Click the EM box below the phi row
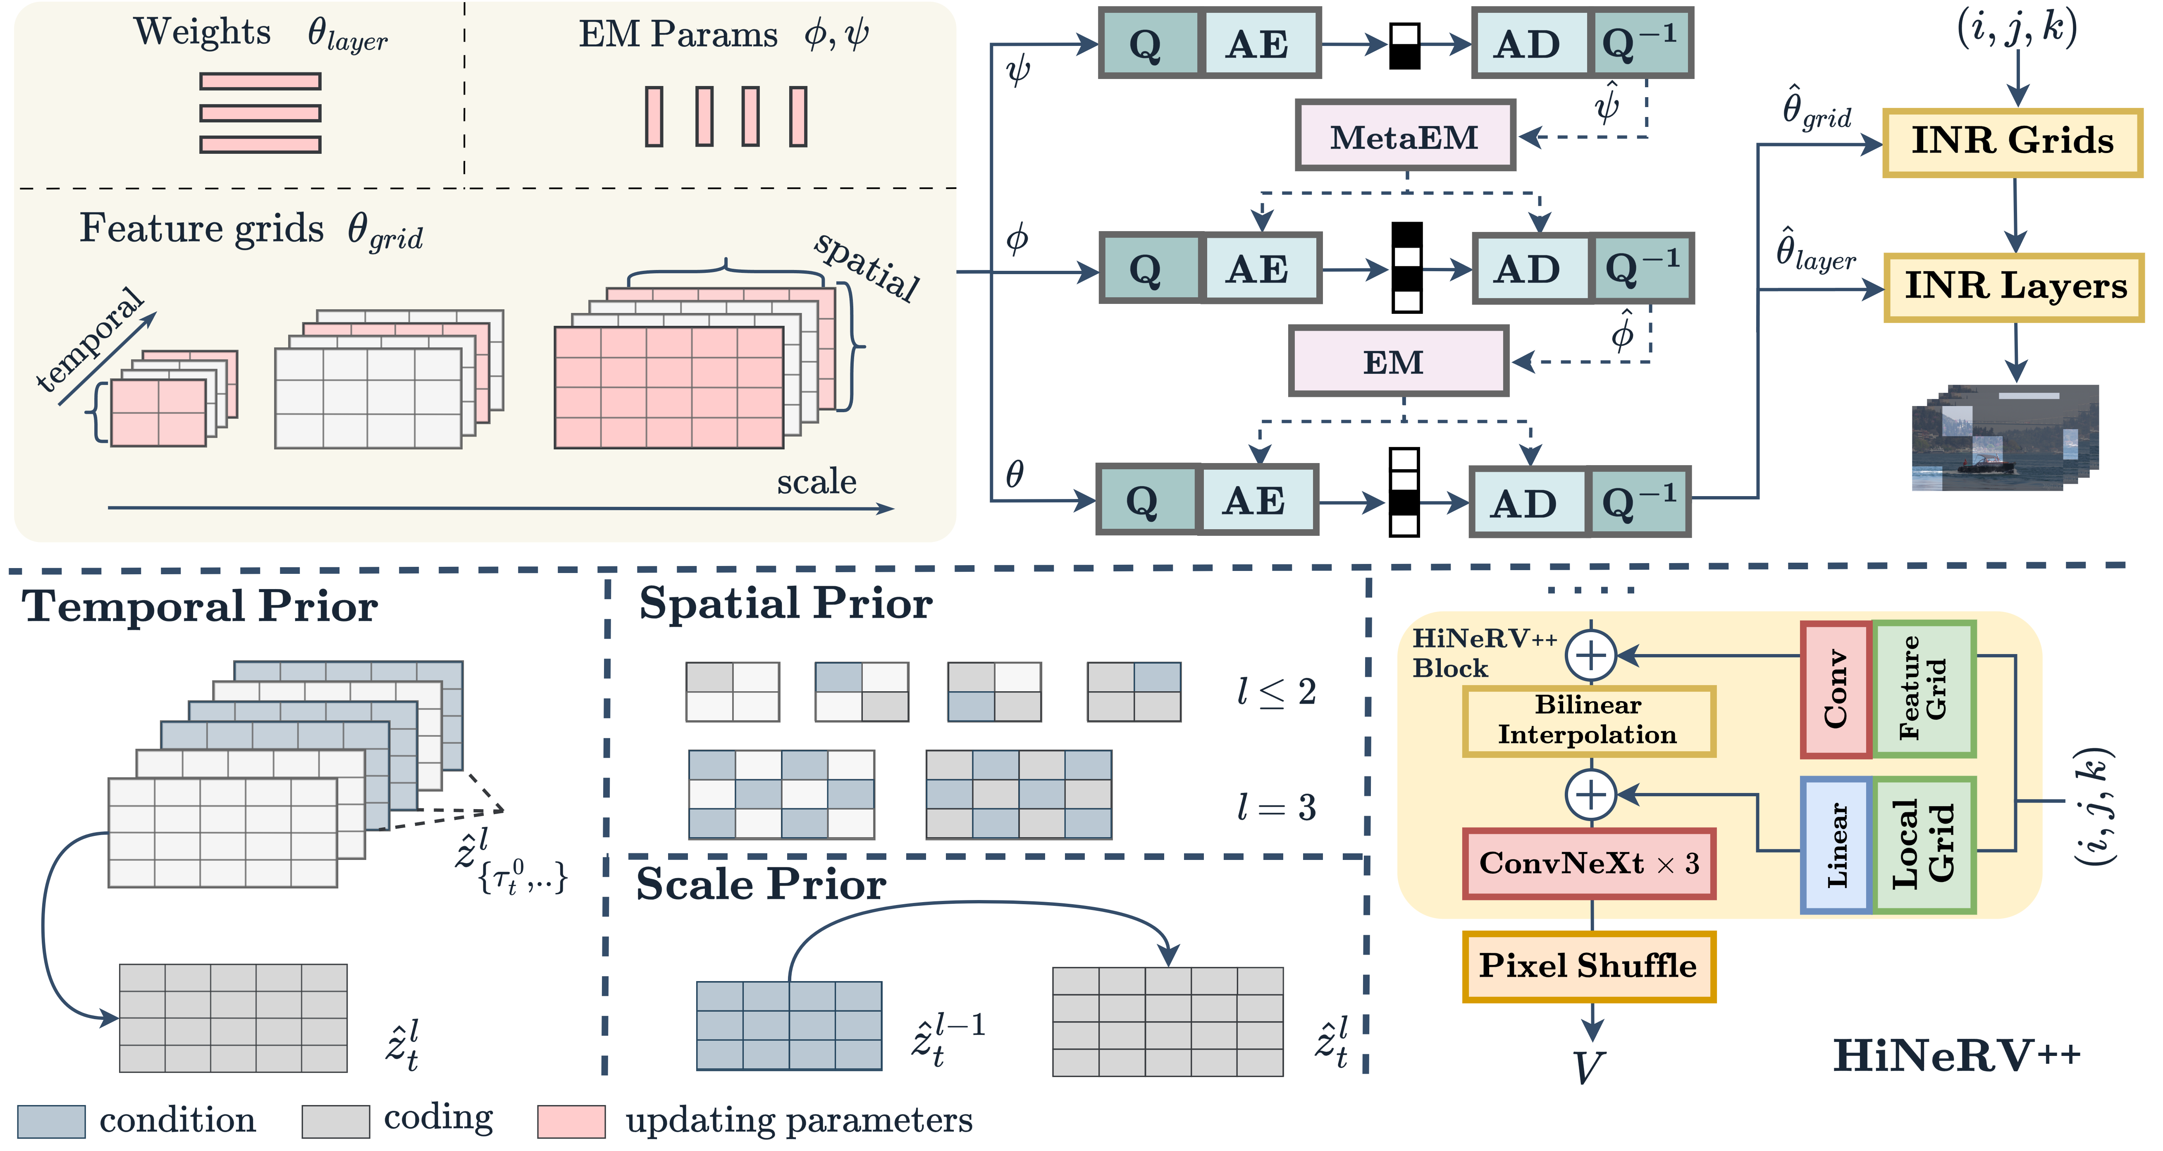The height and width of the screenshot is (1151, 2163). click(x=1398, y=362)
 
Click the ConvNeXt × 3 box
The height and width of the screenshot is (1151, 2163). click(x=1588, y=863)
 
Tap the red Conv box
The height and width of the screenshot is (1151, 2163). click(x=1836, y=689)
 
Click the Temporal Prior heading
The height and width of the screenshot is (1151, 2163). click(x=200, y=606)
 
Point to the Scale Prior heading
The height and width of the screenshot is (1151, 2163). click(x=761, y=884)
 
